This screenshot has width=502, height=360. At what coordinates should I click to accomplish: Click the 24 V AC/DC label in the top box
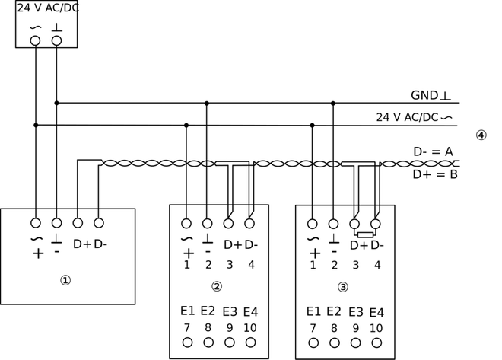[47, 8]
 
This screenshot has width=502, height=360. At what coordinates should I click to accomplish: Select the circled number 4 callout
[481, 135]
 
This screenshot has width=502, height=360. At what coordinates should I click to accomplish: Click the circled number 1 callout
[65, 280]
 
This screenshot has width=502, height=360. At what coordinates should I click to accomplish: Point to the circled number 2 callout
[217, 287]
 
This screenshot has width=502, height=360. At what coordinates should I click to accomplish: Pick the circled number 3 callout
[343, 287]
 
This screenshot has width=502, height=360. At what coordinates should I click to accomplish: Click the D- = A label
[433, 151]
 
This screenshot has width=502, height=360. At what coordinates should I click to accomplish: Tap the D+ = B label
[434, 174]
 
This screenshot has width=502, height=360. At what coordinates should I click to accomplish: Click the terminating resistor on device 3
[365, 235]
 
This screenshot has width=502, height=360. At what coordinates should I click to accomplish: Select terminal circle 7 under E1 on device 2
[187, 342]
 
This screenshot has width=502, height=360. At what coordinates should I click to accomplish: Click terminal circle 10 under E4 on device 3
[376, 342]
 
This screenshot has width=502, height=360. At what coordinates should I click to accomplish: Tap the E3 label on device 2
[230, 311]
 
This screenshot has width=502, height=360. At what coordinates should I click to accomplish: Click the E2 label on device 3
[334, 311]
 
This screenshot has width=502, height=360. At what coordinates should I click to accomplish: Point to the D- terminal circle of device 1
[98, 223]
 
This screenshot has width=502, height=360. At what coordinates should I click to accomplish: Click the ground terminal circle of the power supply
[56, 40]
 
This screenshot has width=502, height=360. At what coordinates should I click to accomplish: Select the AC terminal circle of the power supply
[35, 40]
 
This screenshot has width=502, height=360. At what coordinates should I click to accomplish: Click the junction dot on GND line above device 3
[333, 103]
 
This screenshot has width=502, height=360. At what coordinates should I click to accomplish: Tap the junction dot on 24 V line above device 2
[186, 125]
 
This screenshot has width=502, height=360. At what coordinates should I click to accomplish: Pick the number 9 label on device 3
[355, 328]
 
